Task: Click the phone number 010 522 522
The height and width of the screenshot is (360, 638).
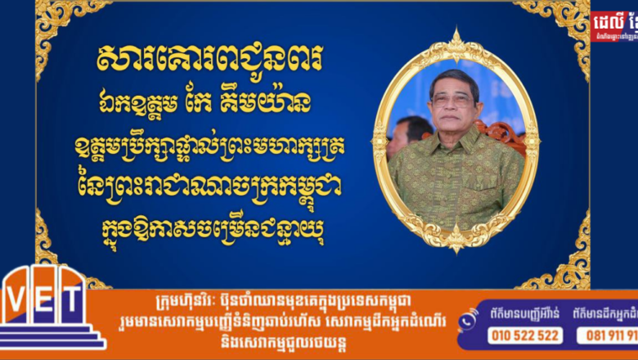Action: pos(524,335)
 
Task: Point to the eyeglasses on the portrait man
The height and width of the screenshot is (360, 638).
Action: pos(452,100)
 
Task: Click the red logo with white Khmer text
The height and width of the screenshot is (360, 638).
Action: pos(613,25)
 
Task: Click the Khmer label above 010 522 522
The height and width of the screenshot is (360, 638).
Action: pos(524,313)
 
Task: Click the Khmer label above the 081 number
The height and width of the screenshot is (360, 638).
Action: pos(606,313)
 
